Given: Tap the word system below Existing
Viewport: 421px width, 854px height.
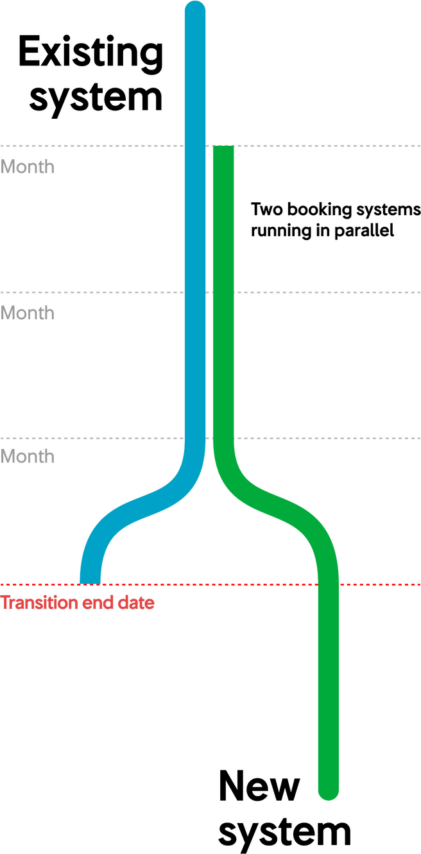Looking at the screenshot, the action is click(x=96, y=99).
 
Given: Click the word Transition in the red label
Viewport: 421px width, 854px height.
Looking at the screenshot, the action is click(x=40, y=603).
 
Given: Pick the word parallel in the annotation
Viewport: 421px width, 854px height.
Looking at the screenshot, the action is click(x=365, y=231).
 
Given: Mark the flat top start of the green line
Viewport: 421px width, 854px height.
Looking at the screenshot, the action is click(x=223, y=146).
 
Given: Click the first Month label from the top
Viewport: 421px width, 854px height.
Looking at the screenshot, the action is click(x=28, y=167).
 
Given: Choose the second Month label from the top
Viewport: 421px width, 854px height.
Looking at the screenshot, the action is click(x=28, y=313).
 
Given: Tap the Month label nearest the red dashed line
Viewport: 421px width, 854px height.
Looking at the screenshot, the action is click(x=28, y=457).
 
